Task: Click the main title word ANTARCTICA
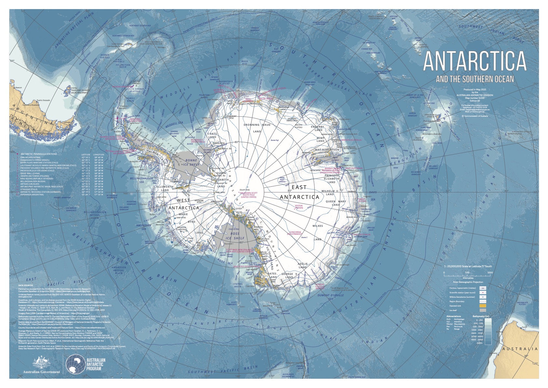pos(474,61)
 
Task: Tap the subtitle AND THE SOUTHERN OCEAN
pos(475,79)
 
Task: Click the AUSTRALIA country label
pos(520,349)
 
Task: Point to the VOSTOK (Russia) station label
pos(299,207)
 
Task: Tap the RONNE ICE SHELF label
pos(191,162)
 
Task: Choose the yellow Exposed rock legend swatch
pos(483,306)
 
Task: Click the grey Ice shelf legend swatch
pos(483,310)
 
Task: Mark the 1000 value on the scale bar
pos(490,273)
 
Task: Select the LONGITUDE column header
pos(99,155)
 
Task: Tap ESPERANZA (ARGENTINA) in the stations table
pos(32,195)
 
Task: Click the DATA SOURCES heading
pos(26,285)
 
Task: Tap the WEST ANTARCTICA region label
pos(183,204)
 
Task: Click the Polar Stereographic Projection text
pos(468,282)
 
